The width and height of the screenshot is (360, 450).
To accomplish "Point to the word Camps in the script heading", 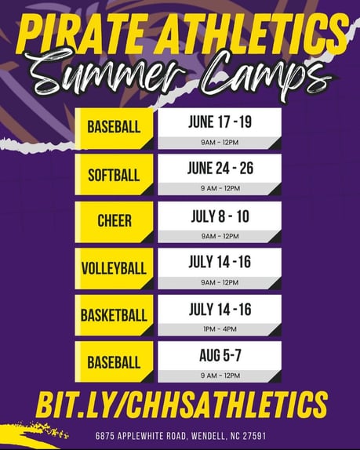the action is pos(267,75).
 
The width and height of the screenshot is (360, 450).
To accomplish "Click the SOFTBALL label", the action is pos(114,175).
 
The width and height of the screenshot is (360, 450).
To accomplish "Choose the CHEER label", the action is pos(115,221).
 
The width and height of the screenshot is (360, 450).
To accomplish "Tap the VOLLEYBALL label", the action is pos(114,269).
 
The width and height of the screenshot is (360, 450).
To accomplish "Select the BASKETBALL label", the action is pos(114,315).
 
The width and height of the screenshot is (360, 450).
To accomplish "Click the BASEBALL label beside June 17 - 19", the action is pos(114,127).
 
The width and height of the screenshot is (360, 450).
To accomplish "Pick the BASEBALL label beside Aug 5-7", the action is pos(114,362).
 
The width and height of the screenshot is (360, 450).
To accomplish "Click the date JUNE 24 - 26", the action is pos(220,169).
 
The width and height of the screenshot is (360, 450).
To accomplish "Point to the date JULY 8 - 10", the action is pos(220,216).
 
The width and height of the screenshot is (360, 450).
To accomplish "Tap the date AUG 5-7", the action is pos(220,355).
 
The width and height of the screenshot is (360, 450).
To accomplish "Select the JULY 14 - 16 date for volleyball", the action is pos(220,262).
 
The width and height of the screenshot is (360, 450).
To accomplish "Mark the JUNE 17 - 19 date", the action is pos(220,122).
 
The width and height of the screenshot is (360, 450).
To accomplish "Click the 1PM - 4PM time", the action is pos(220,329).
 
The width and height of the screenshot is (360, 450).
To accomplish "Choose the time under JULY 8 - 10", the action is pos(220,236).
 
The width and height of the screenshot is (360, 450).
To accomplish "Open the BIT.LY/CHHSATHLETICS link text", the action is pos(182,405).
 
